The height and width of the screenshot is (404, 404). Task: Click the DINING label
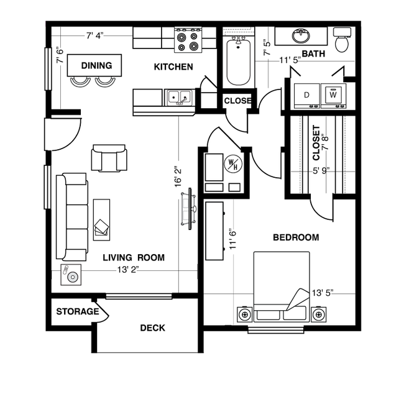tap(96, 65)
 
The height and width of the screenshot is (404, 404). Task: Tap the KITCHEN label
tap(173, 67)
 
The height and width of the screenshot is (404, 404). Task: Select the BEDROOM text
tap(296, 237)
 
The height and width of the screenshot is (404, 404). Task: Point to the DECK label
tap(152, 328)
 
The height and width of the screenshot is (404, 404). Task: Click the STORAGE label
tap(78, 311)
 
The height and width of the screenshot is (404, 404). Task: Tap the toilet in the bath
tap(342, 40)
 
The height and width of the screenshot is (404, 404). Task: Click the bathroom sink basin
tap(301, 36)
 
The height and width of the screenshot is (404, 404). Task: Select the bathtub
tap(238, 62)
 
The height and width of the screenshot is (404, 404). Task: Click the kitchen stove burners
tap(188, 40)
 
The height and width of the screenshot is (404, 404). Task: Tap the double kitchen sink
tap(180, 98)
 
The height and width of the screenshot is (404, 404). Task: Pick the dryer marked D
tap(307, 96)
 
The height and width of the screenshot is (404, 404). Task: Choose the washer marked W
tap(333, 96)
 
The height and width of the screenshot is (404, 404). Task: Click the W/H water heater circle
tap(233, 164)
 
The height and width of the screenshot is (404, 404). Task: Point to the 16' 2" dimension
tap(178, 177)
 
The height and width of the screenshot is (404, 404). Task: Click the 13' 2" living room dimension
tap(128, 270)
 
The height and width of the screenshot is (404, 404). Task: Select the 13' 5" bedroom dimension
tap(323, 293)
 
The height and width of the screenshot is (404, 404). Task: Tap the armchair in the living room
tap(109, 158)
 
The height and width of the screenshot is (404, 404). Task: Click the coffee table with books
tap(101, 220)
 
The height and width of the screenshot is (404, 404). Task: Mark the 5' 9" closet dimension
tap(321, 170)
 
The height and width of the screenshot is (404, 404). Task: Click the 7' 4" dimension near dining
tap(95, 35)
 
